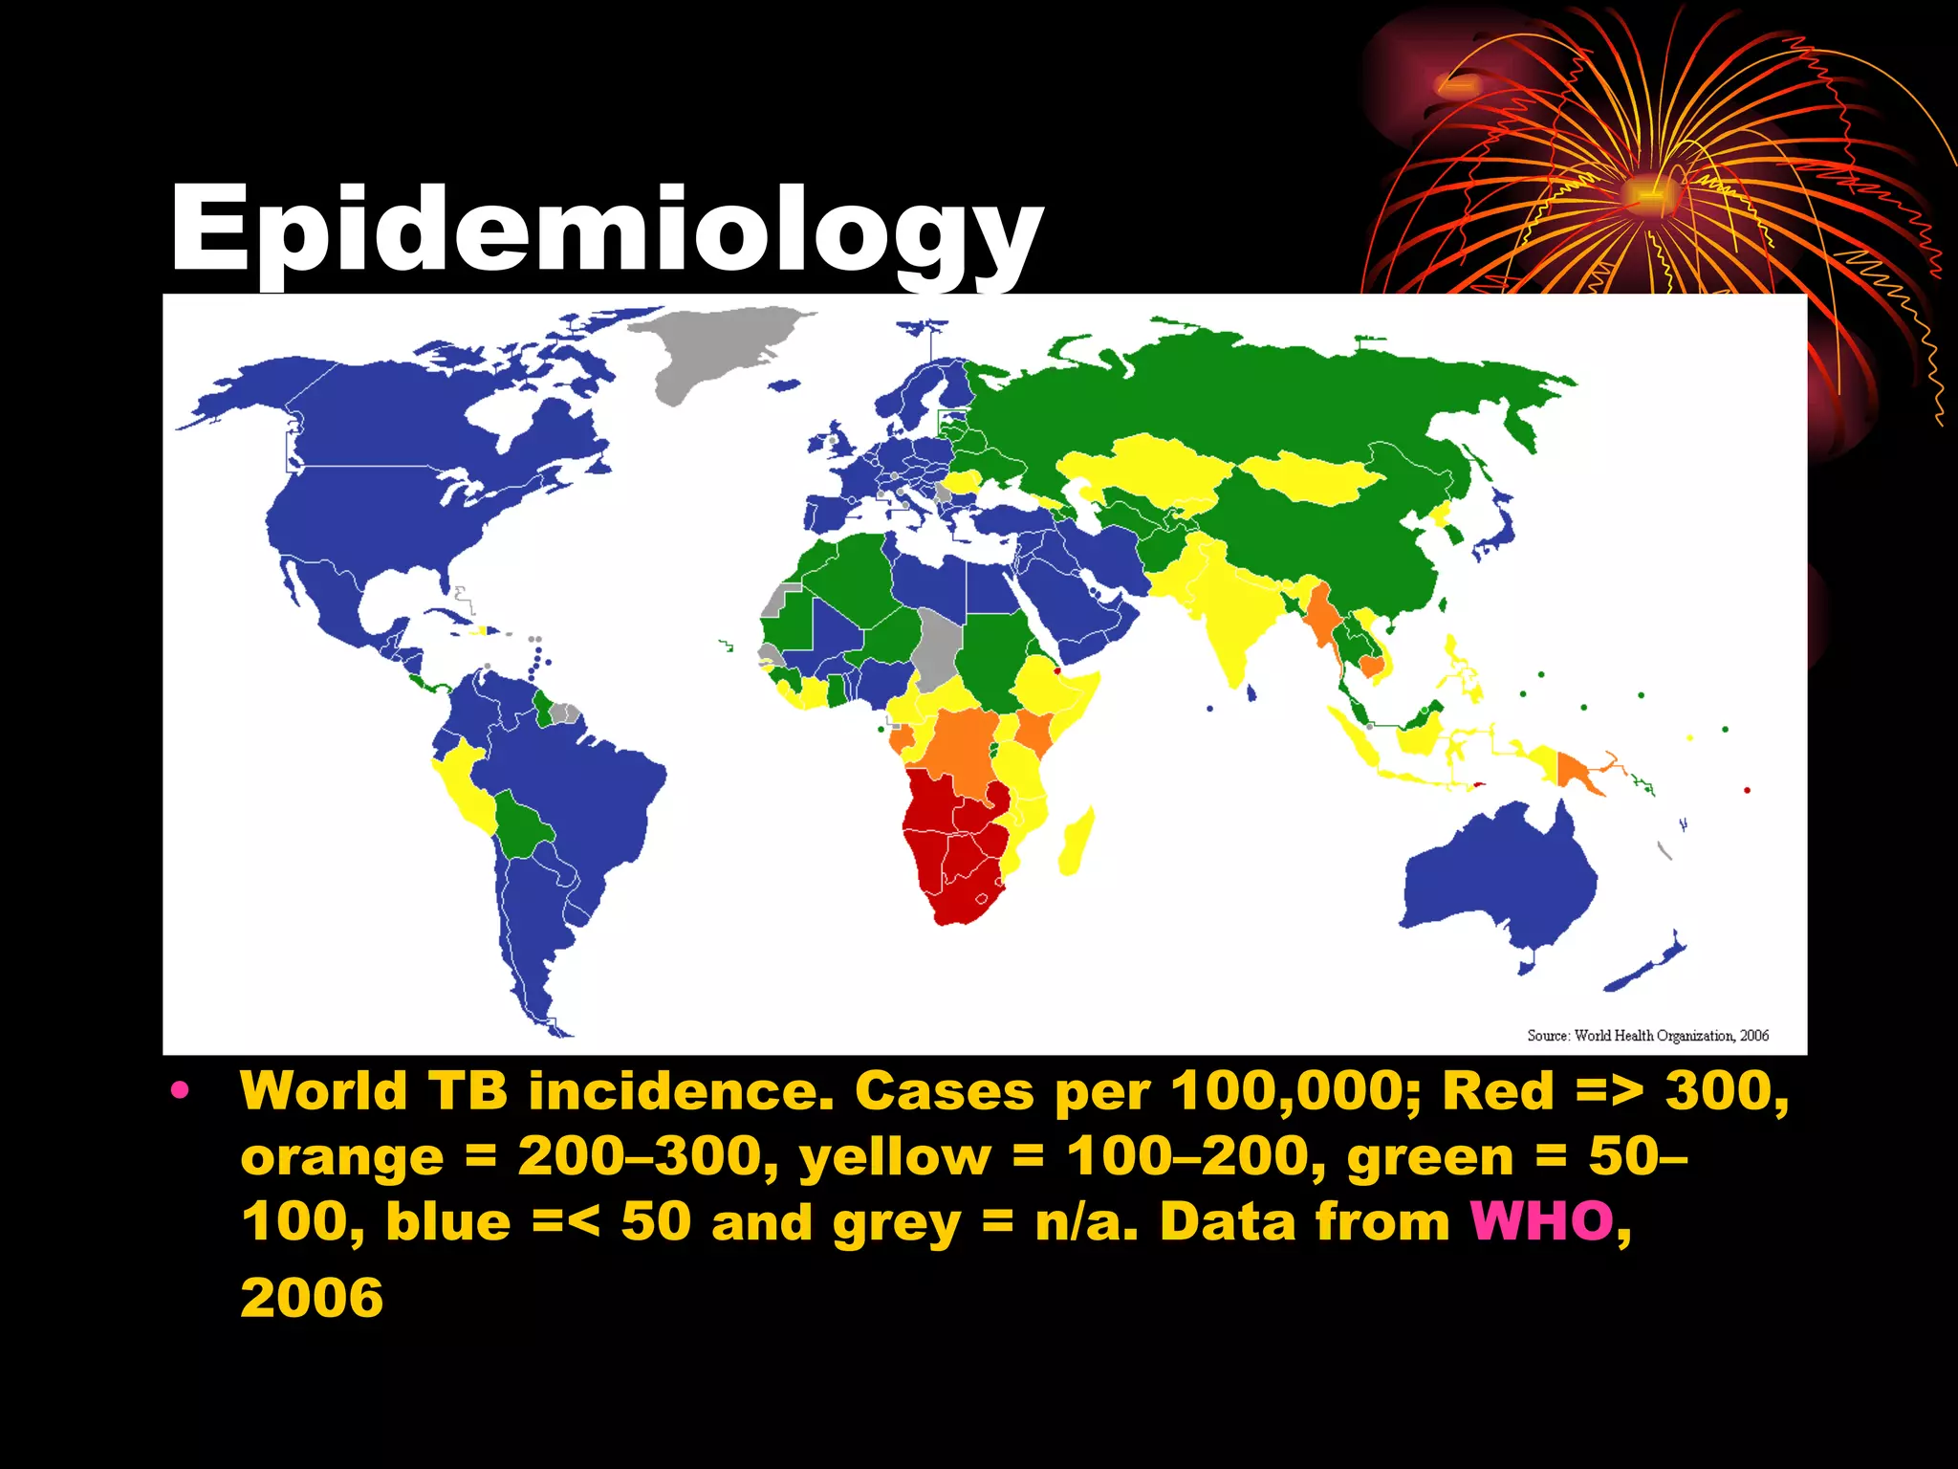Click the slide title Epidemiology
click(606, 230)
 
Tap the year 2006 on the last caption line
click(312, 1298)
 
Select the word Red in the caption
click(1498, 1091)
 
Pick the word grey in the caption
click(896, 1224)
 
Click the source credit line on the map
click(1647, 1036)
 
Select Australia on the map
click(1496, 880)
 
